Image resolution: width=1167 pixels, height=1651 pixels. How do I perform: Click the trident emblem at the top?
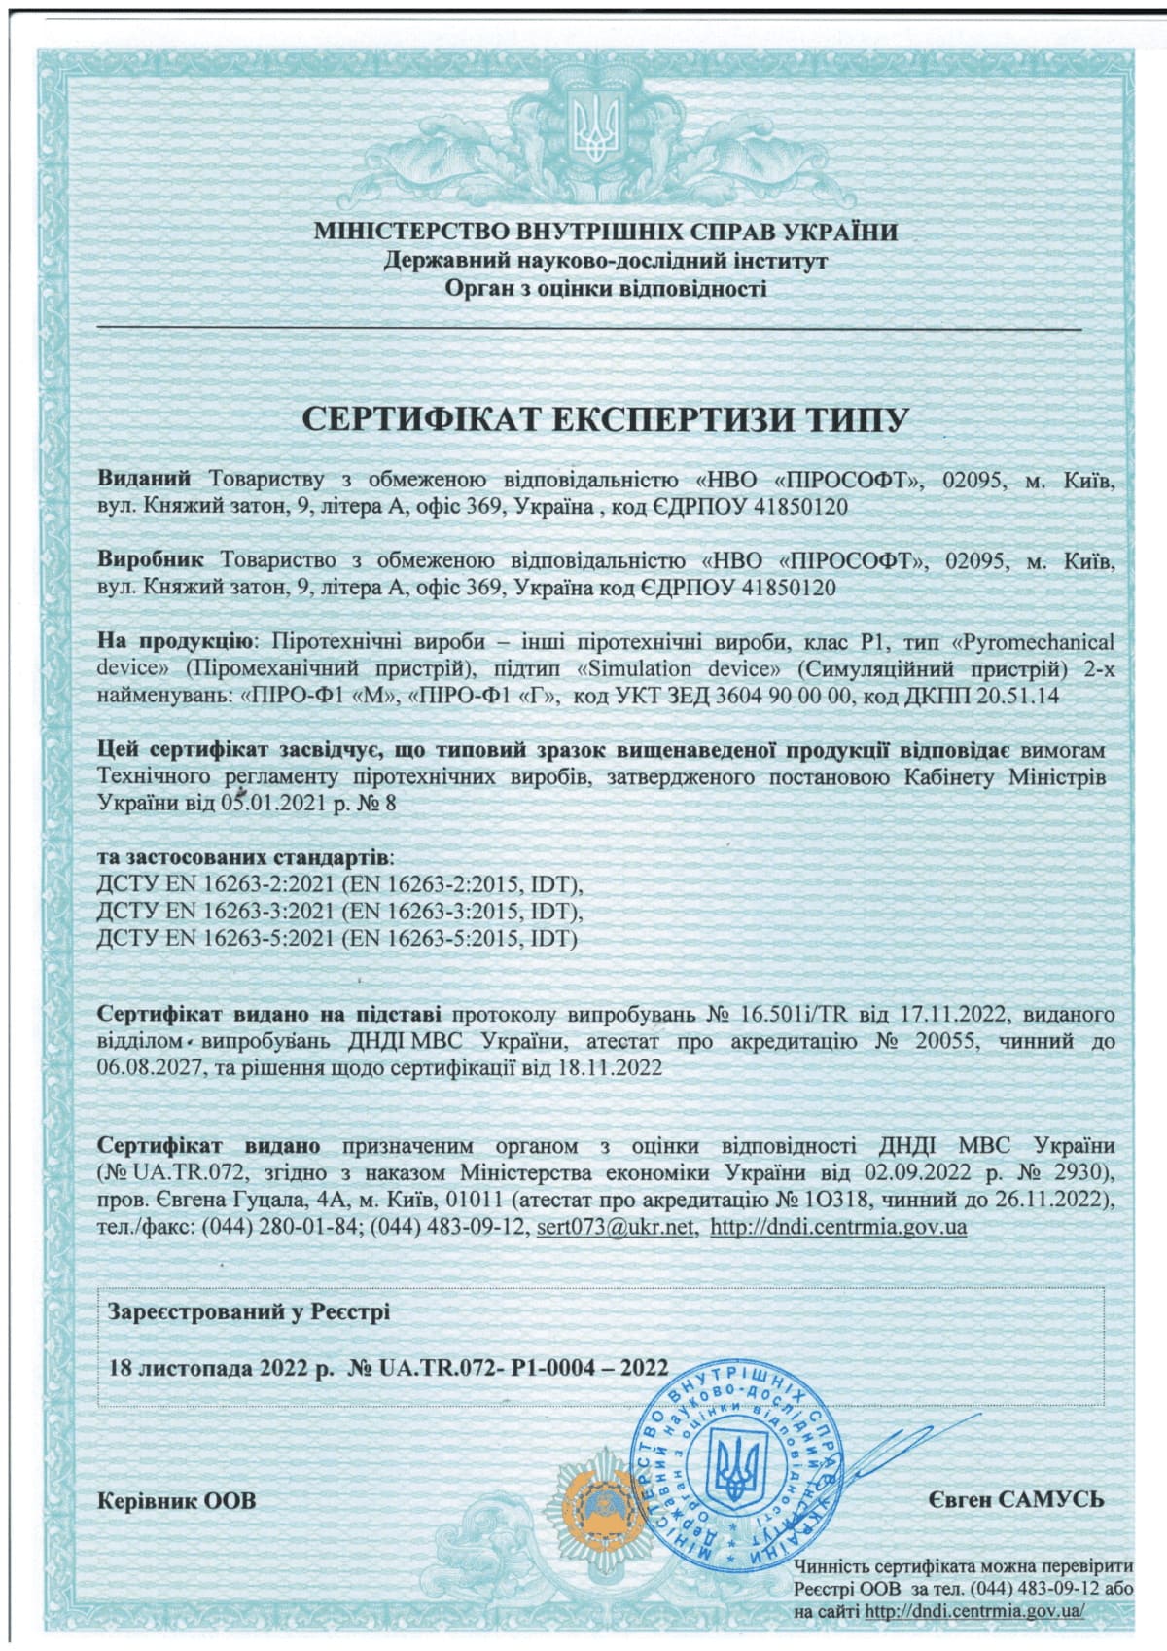point(595,131)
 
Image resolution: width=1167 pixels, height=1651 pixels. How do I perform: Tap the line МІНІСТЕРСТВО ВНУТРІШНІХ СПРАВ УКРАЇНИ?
point(605,232)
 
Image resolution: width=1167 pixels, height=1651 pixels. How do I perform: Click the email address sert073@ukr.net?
point(615,1226)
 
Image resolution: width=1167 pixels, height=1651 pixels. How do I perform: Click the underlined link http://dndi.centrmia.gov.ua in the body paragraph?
point(838,1226)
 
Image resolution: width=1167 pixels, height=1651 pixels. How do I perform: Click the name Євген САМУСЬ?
point(1015,1499)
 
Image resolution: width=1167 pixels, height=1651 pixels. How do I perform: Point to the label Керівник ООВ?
point(177,1500)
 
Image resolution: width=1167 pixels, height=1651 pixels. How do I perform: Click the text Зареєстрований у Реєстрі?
point(249,1311)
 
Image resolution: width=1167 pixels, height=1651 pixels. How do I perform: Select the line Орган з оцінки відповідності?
point(605,288)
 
